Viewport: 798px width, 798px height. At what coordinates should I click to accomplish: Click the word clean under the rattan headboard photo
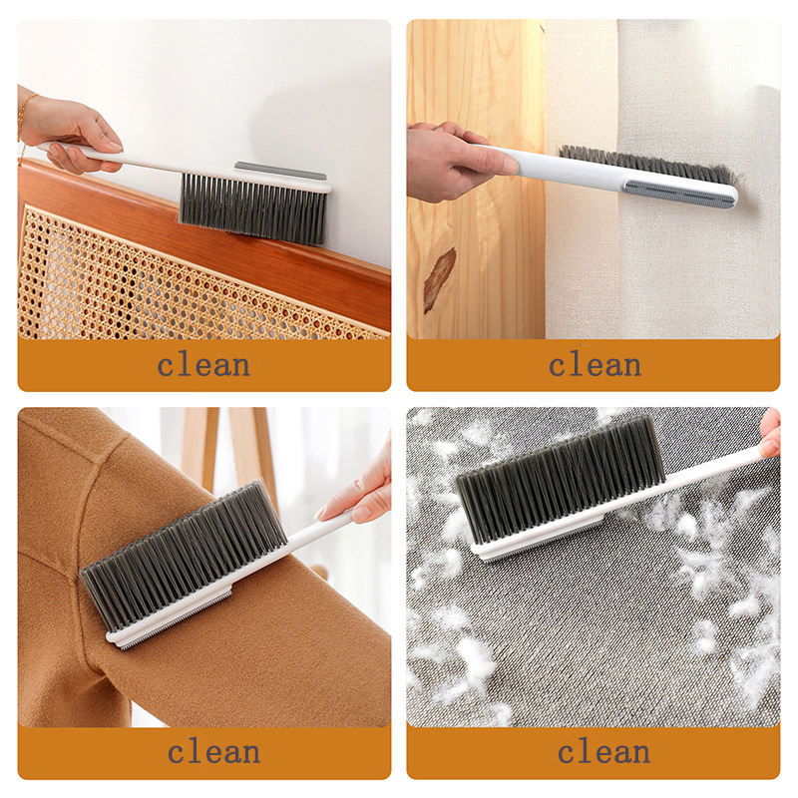pos(203,365)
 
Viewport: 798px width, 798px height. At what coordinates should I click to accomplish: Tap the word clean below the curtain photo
pos(595,365)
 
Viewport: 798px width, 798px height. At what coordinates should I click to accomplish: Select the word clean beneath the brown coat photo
pos(213,750)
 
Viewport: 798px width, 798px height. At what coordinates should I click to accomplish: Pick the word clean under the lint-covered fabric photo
pos(603,750)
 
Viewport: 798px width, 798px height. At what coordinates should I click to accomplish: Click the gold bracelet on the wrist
pos(21,118)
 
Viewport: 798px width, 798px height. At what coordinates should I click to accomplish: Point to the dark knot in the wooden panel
pos(439,279)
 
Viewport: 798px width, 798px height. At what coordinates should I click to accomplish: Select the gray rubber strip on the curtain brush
pos(680,191)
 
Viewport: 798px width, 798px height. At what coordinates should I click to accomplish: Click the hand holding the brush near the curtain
pos(449,160)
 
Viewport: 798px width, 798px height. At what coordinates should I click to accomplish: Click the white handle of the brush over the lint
pos(698,479)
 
